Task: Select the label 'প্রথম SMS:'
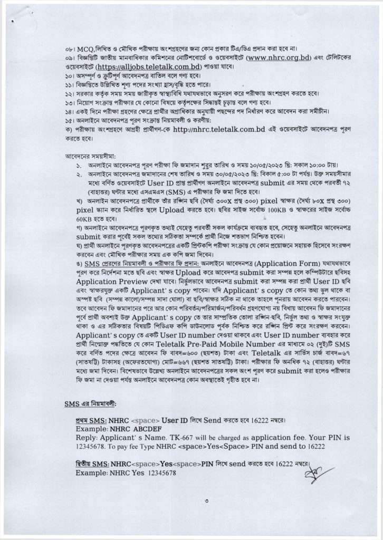(90, 421)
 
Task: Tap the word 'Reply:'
(87, 438)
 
